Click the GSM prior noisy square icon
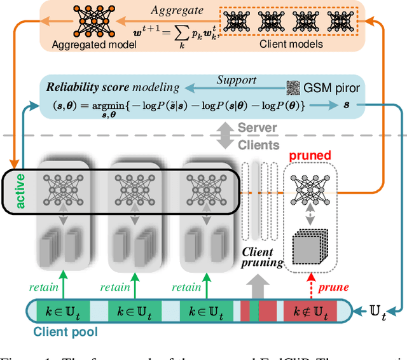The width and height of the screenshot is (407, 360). point(293,87)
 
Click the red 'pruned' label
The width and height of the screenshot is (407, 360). point(310,155)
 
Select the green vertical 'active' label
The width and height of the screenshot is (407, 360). point(20,190)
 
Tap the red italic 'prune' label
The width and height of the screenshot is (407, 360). point(333,287)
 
